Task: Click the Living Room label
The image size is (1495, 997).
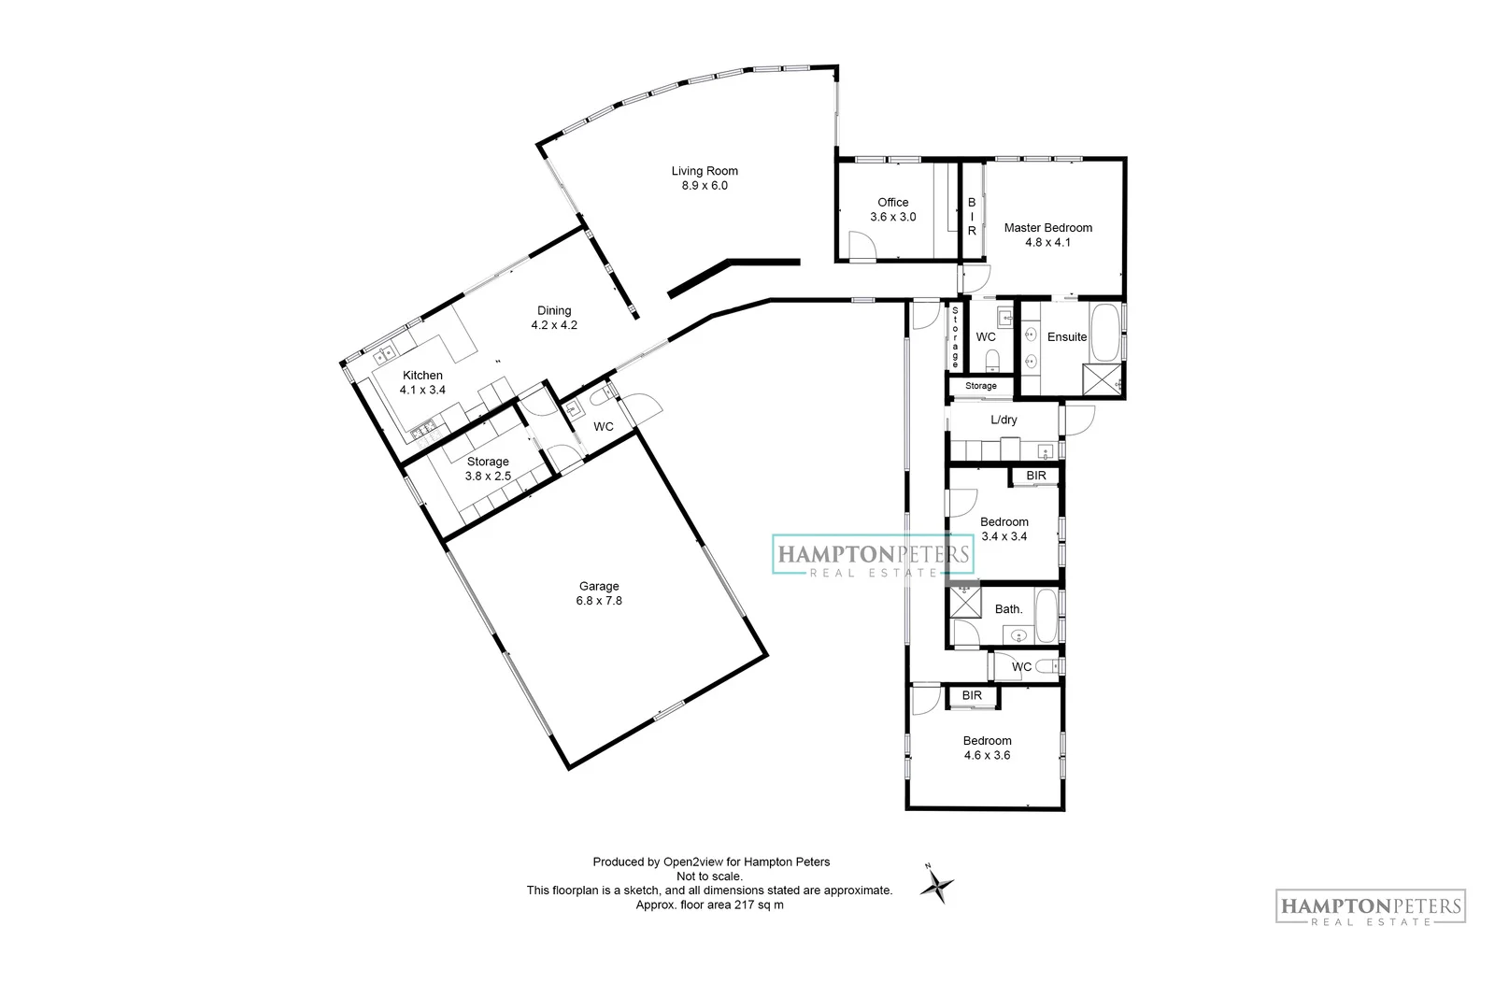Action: (705, 171)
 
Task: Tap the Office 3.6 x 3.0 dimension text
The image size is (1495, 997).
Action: (892, 217)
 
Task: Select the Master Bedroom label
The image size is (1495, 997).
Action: (1047, 227)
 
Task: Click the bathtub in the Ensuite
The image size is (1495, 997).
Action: (1106, 332)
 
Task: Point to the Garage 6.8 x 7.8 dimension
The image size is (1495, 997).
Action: (598, 601)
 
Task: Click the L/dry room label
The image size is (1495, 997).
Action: (1004, 420)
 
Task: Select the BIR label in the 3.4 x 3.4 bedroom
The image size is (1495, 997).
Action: (1035, 477)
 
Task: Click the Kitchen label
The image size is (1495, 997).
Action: (422, 376)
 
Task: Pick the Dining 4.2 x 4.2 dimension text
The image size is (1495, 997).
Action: (554, 326)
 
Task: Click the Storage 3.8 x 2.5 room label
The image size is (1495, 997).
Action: (488, 462)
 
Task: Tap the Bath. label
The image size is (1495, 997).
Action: (1008, 609)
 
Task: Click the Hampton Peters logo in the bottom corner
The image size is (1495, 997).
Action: (1370, 907)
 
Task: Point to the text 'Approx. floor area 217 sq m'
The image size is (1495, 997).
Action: (709, 905)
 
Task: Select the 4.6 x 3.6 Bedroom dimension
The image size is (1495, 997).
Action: (988, 755)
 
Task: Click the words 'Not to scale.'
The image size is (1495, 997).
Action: (709, 876)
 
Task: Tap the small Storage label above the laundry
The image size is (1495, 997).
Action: (980, 386)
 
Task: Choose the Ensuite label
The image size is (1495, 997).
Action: (1066, 337)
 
